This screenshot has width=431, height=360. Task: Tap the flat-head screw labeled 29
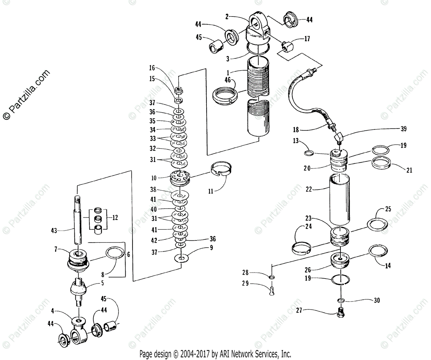point(272,289)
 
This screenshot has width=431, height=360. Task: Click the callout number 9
point(211,247)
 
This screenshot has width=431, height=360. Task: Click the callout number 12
point(115,218)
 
